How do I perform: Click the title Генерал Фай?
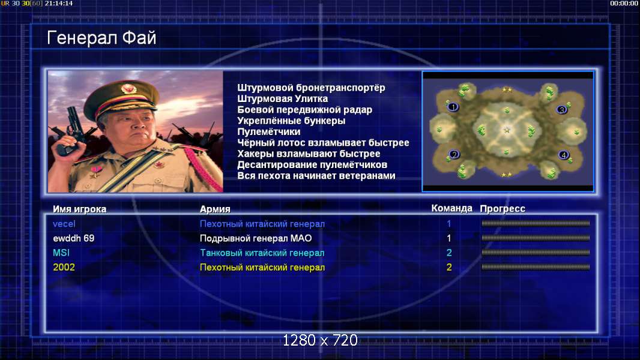point(101,38)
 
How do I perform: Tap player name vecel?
point(64,224)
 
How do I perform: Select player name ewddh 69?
point(73,238)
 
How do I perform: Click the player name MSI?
point(61,253)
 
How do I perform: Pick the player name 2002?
point(64,268)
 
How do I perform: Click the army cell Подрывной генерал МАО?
point(256,238)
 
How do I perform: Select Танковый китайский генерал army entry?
point(262,253)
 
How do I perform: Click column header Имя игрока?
point(80,209)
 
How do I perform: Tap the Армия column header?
point(215,209)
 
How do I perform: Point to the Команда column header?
point(452,208)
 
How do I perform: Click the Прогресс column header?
point(503,209)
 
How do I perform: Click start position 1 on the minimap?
point(453,107)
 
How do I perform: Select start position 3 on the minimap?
point(562,110)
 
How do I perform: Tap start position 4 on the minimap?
point(564,155)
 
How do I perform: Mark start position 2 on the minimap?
point(454,155)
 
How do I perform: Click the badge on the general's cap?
point(128,89)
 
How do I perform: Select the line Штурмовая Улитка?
point(282,98)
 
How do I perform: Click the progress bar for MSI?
point(536,253)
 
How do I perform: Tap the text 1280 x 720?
point(321,340)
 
